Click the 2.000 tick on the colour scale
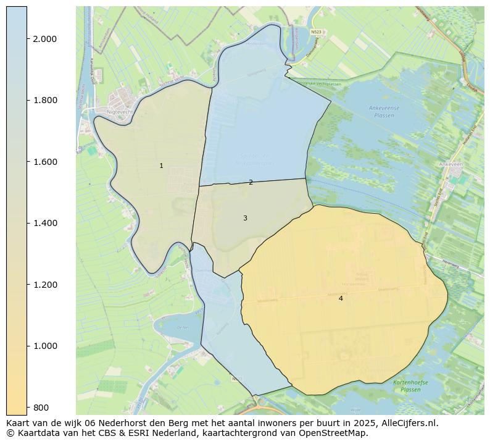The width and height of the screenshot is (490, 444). [x=44, y=39]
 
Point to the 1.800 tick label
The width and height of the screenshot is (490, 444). [x=44, y=100]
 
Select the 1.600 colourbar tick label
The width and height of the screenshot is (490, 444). [x=44, y=162]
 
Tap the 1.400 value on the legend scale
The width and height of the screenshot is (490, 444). [x=44, y=223]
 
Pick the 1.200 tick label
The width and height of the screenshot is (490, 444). [x=44, y=285]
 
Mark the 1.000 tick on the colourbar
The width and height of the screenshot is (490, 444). [x=44, y=346]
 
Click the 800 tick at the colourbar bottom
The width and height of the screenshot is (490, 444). [x=41, y=407]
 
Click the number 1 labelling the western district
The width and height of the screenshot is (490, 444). [x=161, y=165]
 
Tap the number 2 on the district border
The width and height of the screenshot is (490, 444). [x=251, y=182]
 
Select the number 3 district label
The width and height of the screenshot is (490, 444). [x=245, y=218]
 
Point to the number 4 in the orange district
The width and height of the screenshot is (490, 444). [x=341, y=298]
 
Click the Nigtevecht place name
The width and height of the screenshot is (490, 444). [x=120, y=112]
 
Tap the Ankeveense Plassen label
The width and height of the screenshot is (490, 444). [x=384, y=112]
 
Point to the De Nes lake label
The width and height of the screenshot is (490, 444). [x=182, y=327]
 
